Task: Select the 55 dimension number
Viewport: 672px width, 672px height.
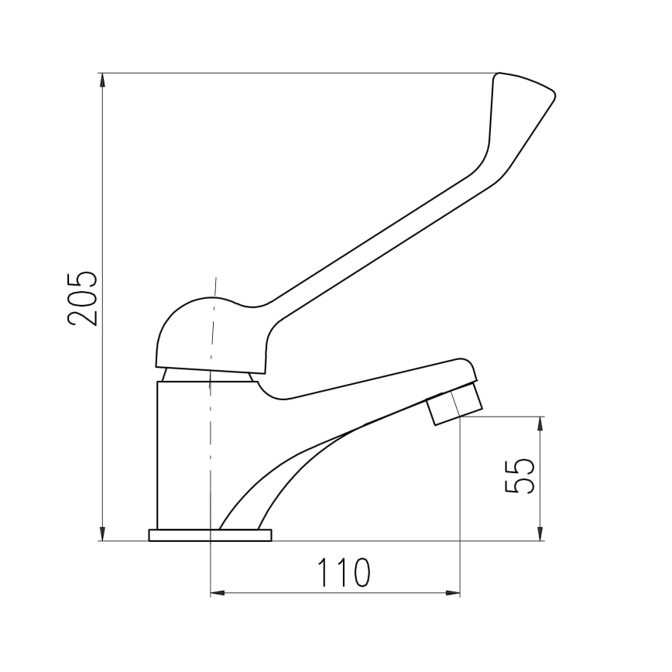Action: (519, 475)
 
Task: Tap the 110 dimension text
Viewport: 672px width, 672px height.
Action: (343, 574)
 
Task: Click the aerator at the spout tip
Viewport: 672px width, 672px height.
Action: (456, 406)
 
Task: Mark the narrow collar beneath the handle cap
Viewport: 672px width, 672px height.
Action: (207, 376)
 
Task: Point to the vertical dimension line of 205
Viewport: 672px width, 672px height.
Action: (103, 194)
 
